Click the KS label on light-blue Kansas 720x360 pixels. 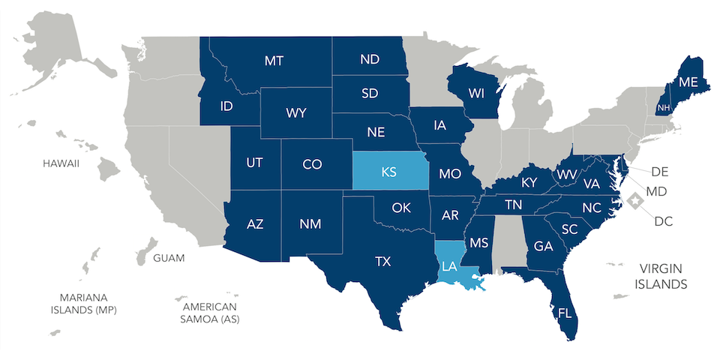click(x=388, y=172)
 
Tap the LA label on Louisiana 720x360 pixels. click(x=448, y=266)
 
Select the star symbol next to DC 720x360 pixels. click(x=636, y=201)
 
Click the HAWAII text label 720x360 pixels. click(x=61, y=163)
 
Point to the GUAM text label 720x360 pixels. click(x=169, y=258)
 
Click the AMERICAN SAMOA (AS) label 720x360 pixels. click(x=209, y=313)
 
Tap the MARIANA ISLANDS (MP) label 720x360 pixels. click(x=83, y=303)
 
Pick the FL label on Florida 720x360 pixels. click(x=565, y=313)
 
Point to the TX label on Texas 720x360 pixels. click(x=382, y=262)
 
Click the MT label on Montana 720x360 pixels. click(x=274, y=61)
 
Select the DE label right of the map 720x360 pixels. click(x=659, y=172)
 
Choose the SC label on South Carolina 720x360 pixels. click(x=569, y=229)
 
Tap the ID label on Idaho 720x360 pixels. click(x=226, y=106)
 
